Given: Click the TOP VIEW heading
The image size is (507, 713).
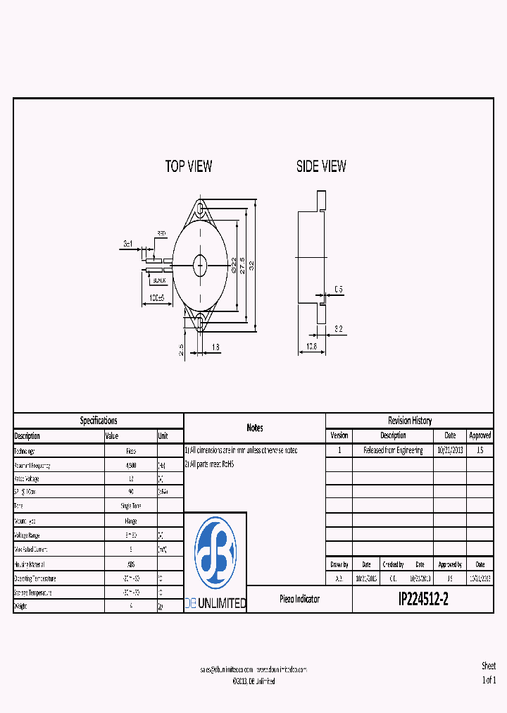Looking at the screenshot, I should [188, 167].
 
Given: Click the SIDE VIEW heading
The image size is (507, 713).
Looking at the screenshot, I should [321, 167].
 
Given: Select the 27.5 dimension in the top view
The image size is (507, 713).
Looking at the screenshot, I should [242, 265].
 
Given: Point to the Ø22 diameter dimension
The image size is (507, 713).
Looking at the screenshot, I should [233, 266].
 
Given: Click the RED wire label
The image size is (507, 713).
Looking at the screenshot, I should [161, 233].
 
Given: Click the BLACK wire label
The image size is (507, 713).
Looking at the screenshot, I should [159, 280].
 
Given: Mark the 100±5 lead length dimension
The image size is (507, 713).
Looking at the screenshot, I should [157, 298].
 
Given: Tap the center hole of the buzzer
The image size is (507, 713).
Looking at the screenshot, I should [200, 265].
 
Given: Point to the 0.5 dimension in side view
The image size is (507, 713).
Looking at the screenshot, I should [339, 290].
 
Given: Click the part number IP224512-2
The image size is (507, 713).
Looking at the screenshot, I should [423, 600].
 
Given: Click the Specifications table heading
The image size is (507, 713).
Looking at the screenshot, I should [99, 421].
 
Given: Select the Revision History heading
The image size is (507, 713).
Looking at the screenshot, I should [409, 421].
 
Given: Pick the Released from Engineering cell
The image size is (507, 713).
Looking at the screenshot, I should [393, 450].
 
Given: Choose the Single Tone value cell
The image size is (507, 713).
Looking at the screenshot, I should [130, 507].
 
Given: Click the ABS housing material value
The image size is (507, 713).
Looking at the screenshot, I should [130, 564].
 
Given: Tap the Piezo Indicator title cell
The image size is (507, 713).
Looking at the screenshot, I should [299, 600].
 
